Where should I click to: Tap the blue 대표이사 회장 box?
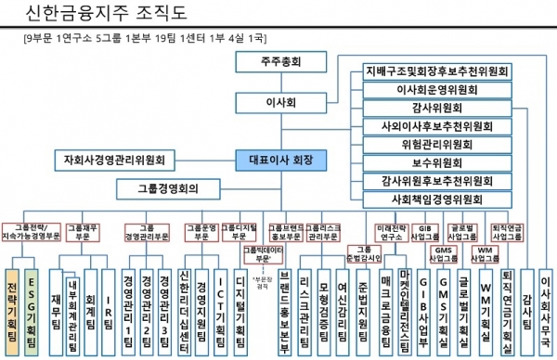pyautogui.click(x=280, y=160)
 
